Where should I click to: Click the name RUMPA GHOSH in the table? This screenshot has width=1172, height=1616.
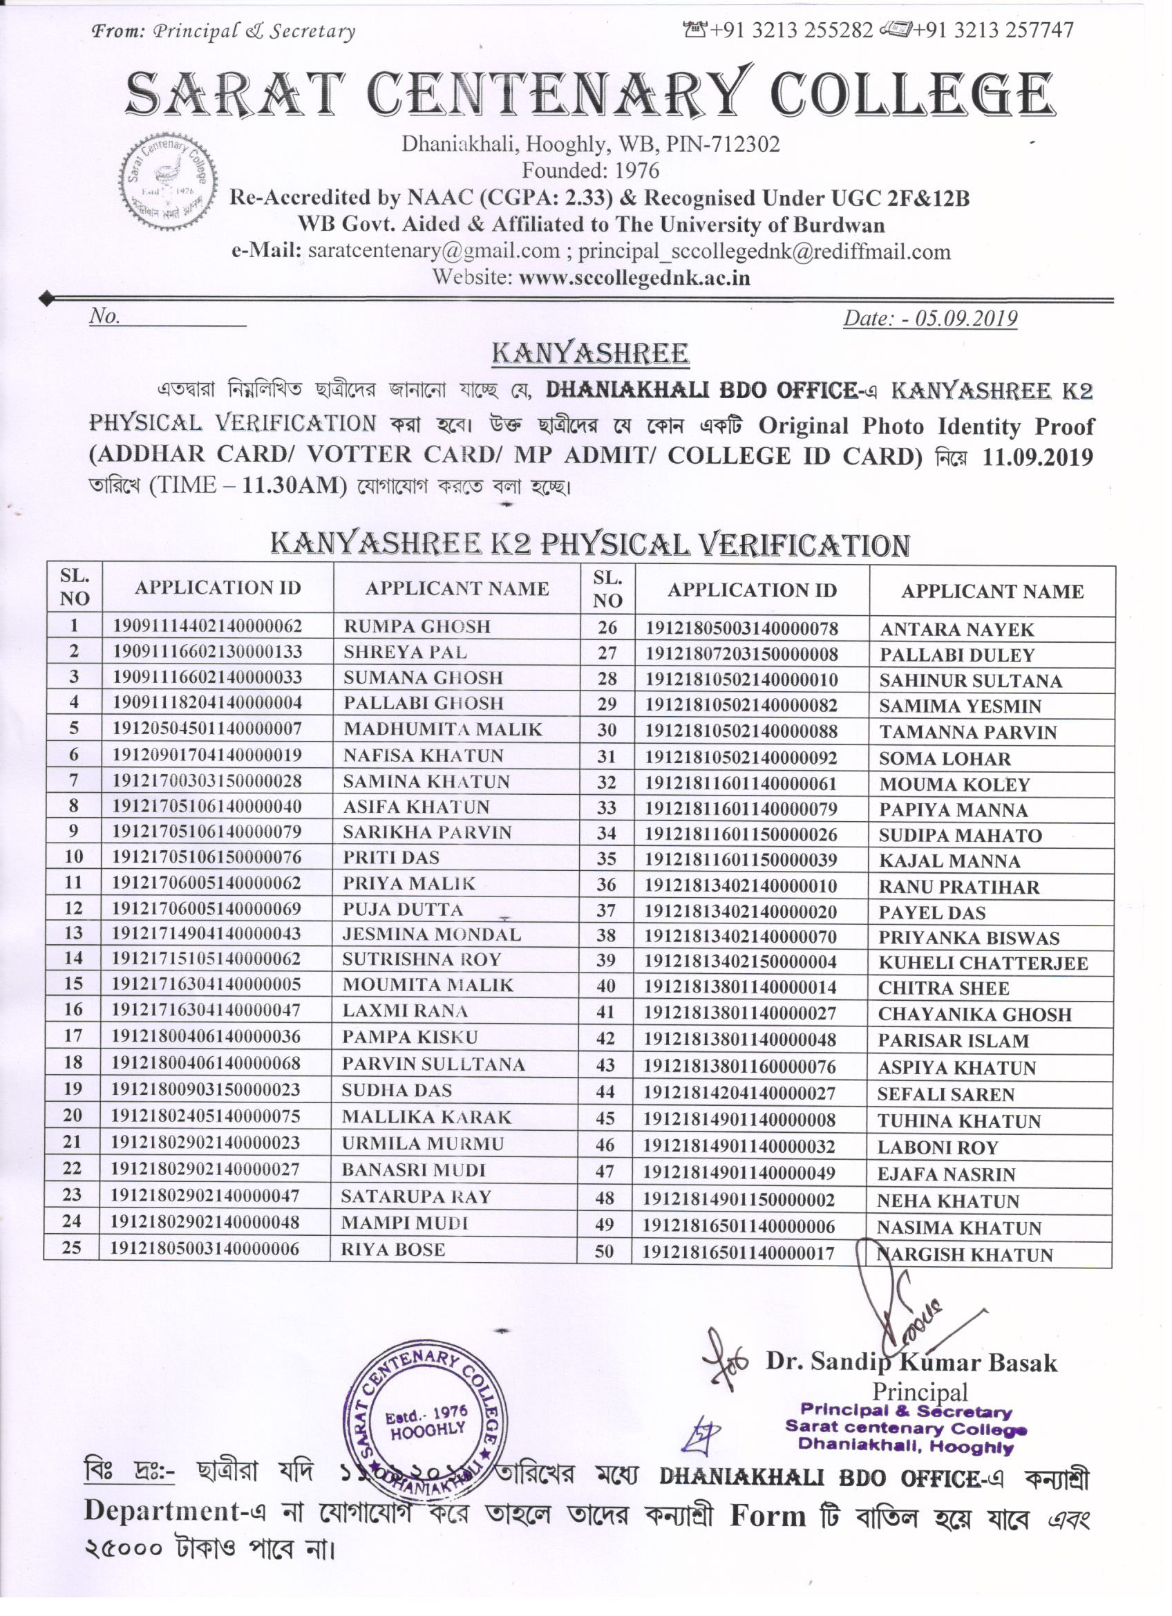417,626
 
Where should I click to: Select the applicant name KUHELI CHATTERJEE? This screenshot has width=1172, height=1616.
983,963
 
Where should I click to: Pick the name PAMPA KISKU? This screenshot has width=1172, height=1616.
410,1037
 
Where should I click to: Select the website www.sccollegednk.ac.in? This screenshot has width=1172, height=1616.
634,277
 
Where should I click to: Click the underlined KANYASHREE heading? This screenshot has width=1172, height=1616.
591,353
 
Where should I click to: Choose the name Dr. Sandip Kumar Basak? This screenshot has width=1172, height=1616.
911,1362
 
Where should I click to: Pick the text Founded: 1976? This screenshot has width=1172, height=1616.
591,170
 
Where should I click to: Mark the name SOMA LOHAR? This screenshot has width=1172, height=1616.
945,759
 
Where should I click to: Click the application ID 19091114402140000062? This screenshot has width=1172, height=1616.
207,626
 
